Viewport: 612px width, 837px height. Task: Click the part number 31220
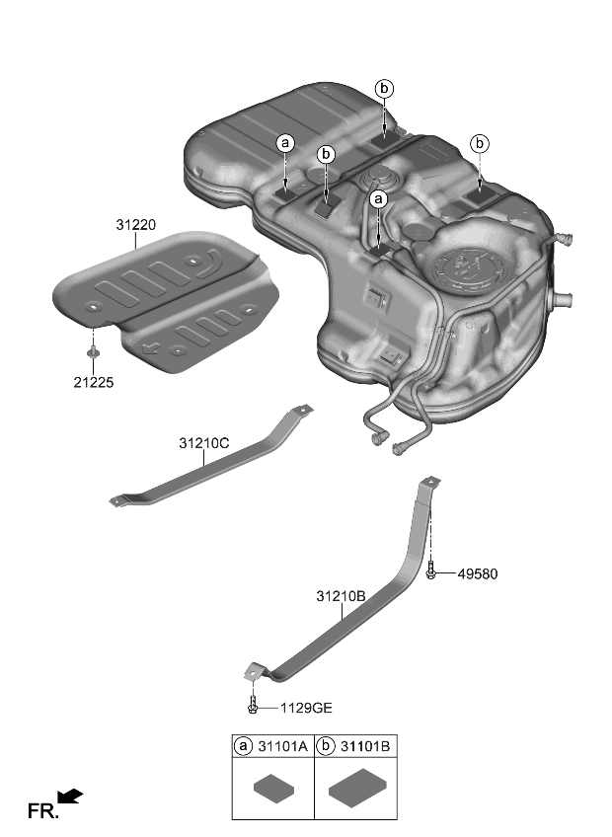tap(135, 226)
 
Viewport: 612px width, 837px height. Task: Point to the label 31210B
tap(341, 596)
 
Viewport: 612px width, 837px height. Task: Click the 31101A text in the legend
tap(283, 747)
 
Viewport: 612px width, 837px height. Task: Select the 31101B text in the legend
tap(364, 747)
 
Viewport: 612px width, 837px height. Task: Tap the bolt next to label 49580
tap(432, 571)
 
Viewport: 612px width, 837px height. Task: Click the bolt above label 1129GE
tap(253, 705)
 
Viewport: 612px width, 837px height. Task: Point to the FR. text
tap(42, 811)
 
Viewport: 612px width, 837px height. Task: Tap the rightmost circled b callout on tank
tap(481, 143)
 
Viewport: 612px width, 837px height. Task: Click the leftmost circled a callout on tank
tap(285, 143)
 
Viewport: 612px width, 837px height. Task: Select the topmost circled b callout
tap(384, 89)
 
